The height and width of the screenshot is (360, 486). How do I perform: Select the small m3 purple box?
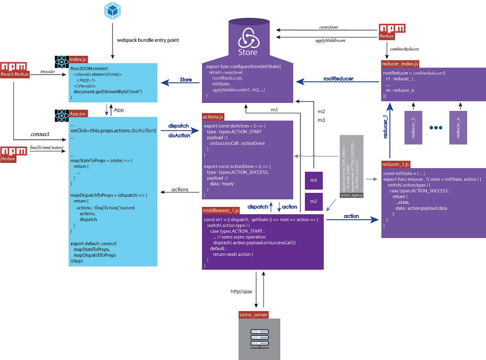tap(313, 180)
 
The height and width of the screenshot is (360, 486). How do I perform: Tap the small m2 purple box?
tap(313, 202)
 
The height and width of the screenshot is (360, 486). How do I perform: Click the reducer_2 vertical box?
tap(414, 128)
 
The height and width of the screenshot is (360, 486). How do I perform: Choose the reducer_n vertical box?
tap(458, 128)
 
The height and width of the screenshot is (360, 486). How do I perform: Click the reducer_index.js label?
tap(400, 64)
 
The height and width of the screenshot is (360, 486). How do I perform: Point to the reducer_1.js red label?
tap(396, 164)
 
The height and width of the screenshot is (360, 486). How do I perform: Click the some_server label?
tap(254, 315)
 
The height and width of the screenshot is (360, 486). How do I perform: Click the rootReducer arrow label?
tap(339, 79)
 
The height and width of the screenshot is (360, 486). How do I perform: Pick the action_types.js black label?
tap(352, 195)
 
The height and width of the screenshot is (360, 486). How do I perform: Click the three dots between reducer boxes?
tap(436, 128)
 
